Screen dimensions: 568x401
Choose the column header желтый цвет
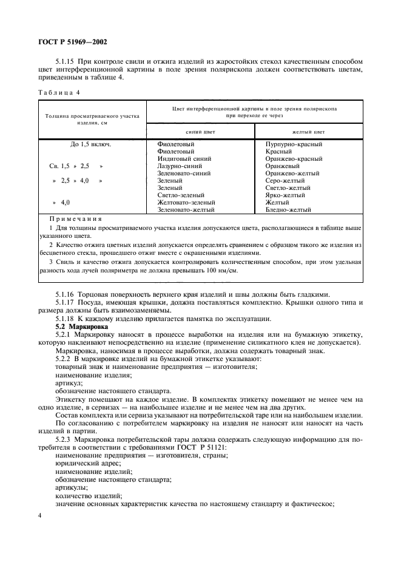(x=308, y=131)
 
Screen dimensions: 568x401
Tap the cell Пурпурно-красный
(x=294, y=144)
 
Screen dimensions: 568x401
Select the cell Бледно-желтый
(x=289, y=209)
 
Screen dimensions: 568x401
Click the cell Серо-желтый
(x=286, y=180)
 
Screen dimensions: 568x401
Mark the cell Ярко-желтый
(x=286, y=195)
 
